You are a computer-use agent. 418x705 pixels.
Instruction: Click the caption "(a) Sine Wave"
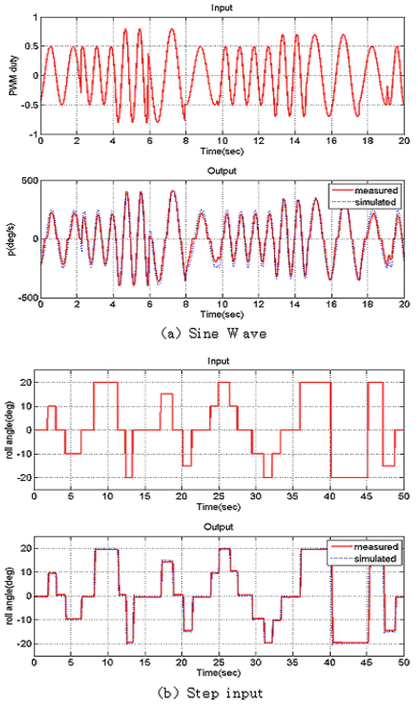214,334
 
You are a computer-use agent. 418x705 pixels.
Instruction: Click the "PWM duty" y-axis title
13,75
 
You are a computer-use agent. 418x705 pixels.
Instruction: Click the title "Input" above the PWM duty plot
222,8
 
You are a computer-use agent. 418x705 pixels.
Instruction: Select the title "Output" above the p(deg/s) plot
222,171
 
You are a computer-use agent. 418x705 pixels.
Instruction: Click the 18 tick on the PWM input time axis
368,141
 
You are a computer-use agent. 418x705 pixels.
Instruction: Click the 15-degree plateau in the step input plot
167,394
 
